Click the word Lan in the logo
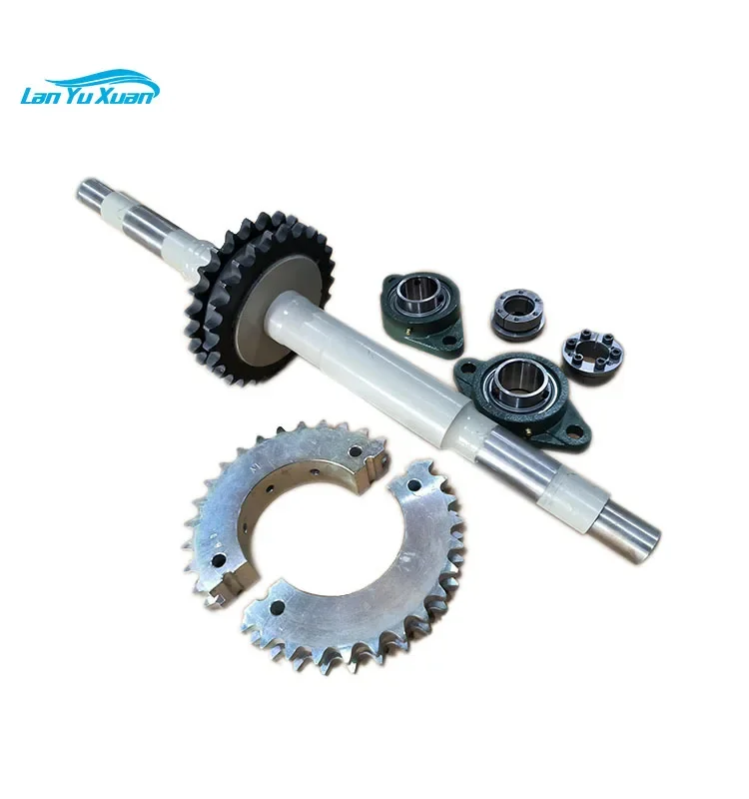pos(43,95)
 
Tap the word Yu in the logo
pos(88,95)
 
